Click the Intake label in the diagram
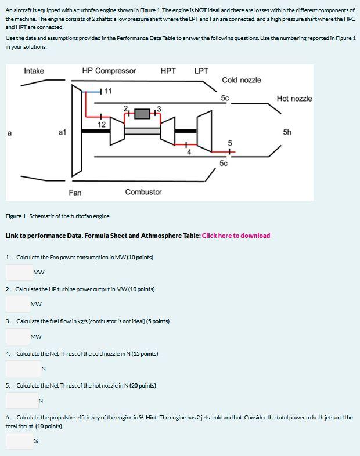coord(34,71)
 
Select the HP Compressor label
coord(109,71)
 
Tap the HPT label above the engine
coord(168,71)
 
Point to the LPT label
coord(201,71)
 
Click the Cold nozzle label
coord(241,80)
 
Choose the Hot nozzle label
coord(294,99)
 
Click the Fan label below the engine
coord(75,192)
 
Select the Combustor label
coord(143,192)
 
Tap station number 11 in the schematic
coord(109,91)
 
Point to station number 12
coord(101,124)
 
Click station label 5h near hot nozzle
coord(287,132)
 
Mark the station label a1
coord(63,132)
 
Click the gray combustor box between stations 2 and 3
coord(143,114)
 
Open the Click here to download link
coord(236,236)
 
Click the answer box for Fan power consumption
coord(19,272)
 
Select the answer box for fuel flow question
coord(19,336)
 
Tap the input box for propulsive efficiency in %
coord(19,441)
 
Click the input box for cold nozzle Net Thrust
coord(23,368)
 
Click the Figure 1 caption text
coord(57,216)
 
